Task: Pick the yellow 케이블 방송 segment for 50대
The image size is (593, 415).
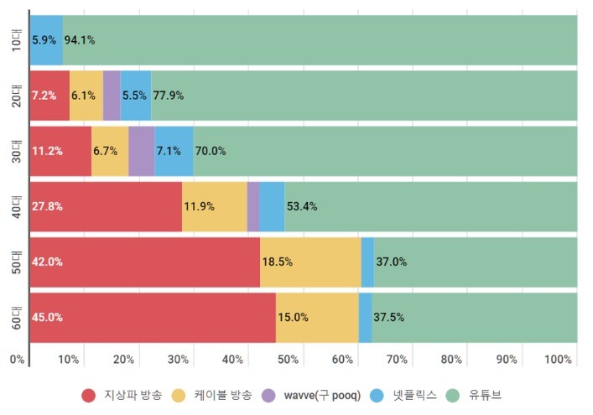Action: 310,262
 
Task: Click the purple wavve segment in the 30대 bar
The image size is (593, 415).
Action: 141,151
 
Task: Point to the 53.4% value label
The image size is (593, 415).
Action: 302,206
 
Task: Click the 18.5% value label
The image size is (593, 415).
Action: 278,262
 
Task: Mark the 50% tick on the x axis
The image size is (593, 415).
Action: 288,360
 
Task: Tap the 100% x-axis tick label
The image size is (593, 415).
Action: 558,360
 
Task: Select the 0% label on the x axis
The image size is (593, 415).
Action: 17,360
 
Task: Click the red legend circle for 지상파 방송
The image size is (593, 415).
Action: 89,394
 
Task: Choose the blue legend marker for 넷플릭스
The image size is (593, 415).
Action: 378,394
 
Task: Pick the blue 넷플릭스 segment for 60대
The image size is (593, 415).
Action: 365,317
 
